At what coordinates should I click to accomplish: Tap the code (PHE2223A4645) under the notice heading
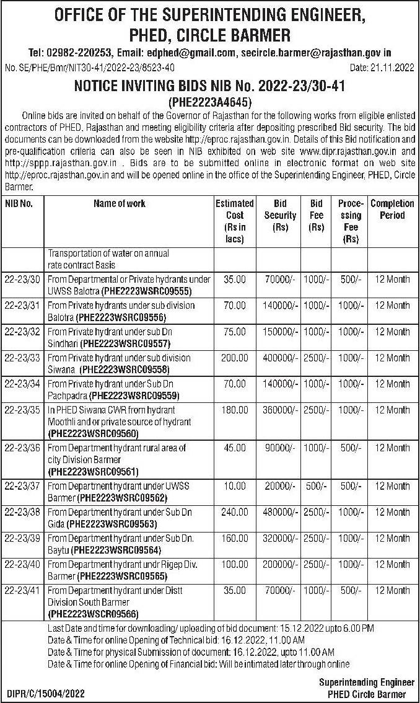point(210,101)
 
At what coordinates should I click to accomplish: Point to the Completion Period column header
point(392,210)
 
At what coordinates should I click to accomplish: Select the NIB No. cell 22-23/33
point(22,358)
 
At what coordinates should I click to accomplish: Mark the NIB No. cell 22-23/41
point(22,591)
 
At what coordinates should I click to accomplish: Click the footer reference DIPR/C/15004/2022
point(46,693)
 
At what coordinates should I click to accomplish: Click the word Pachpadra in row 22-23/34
point(68,394)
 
